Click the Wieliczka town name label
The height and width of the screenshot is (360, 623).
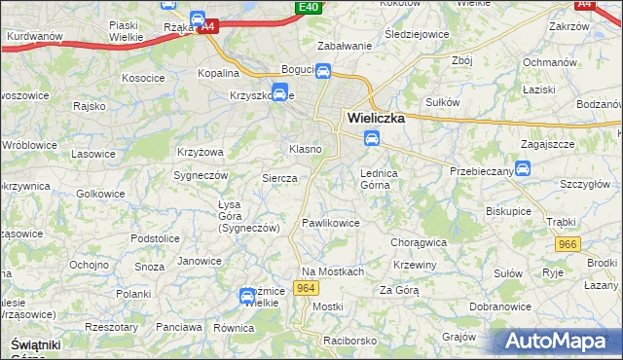point(381,119)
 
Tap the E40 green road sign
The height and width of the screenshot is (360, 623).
point(309,8)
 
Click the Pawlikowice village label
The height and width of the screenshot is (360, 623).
point(331,224)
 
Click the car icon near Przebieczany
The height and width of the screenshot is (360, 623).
point(522,168)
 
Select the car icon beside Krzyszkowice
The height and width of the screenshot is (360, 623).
point(279,94)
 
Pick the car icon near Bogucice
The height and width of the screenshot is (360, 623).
point(323,72)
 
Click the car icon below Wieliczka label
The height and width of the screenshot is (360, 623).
point(371,139)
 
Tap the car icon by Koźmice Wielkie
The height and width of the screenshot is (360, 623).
point(247,295)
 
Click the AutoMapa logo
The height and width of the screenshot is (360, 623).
point(559,342)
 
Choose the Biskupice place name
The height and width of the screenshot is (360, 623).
point(508,209)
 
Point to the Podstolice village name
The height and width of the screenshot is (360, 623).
point(157,237)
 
